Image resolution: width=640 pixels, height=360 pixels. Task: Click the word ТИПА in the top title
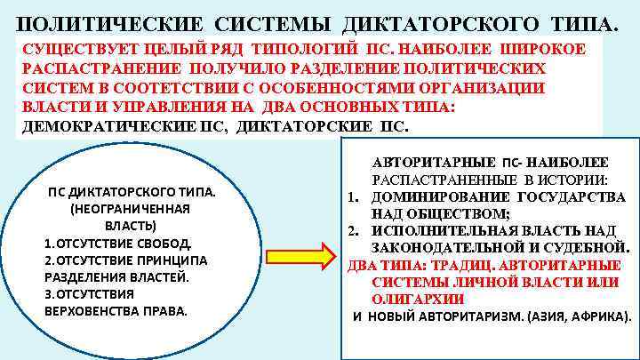(580, 24)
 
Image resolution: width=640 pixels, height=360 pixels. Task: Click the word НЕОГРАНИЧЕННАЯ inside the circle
(130, 209)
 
